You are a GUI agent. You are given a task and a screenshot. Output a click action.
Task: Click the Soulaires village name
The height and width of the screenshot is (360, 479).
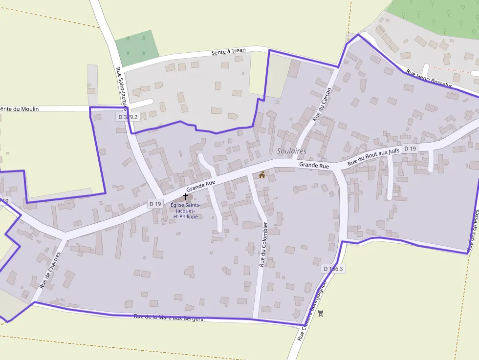(291, 151)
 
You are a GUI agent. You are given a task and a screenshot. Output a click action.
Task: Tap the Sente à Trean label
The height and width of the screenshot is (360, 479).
(229, 51)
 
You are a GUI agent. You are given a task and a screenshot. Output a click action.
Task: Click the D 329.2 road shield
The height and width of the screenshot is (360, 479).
(129, 117)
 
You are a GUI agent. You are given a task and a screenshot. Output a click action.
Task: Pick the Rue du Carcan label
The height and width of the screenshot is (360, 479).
(322, 104)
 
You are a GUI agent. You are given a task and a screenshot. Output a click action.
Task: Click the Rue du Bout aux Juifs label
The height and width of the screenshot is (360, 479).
(373, 157)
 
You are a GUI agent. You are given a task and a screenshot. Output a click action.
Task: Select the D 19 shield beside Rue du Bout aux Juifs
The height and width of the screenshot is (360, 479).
(410, 148)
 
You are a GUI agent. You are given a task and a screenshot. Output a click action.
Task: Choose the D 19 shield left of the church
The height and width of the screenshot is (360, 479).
(155, 204)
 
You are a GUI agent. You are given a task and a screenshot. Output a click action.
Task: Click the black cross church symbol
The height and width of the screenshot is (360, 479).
(186, 195)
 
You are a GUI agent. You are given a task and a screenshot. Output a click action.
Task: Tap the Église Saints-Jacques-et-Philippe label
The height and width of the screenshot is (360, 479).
(186, 211)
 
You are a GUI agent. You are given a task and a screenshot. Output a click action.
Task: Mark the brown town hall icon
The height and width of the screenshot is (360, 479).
(262, 175)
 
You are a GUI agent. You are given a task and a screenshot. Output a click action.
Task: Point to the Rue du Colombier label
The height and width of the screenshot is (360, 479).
(263, 244)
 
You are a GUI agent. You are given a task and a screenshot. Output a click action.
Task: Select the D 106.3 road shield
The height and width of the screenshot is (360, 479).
(334, 269)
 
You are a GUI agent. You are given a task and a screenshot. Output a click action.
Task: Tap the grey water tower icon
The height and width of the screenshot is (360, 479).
(321, 313)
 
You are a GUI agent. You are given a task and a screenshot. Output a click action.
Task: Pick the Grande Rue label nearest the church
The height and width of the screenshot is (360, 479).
(200, 186)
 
